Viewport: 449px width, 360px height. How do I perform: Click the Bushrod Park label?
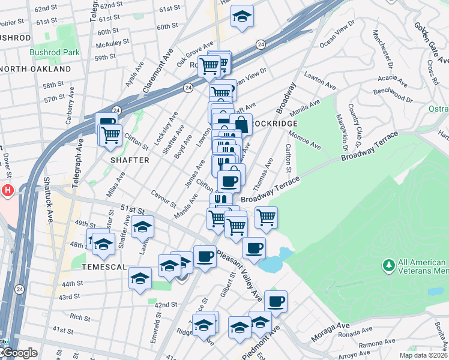(55, 53)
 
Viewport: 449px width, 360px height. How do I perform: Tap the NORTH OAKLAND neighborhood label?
(35, 69)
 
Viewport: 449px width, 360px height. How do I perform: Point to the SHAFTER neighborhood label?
(129, 160)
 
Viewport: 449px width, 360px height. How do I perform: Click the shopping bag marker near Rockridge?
(241, 125)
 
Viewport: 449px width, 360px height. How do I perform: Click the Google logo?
(20, 353)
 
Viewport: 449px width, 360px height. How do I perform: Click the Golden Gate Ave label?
(430, 41)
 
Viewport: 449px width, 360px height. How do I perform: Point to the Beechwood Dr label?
(390, 94)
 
